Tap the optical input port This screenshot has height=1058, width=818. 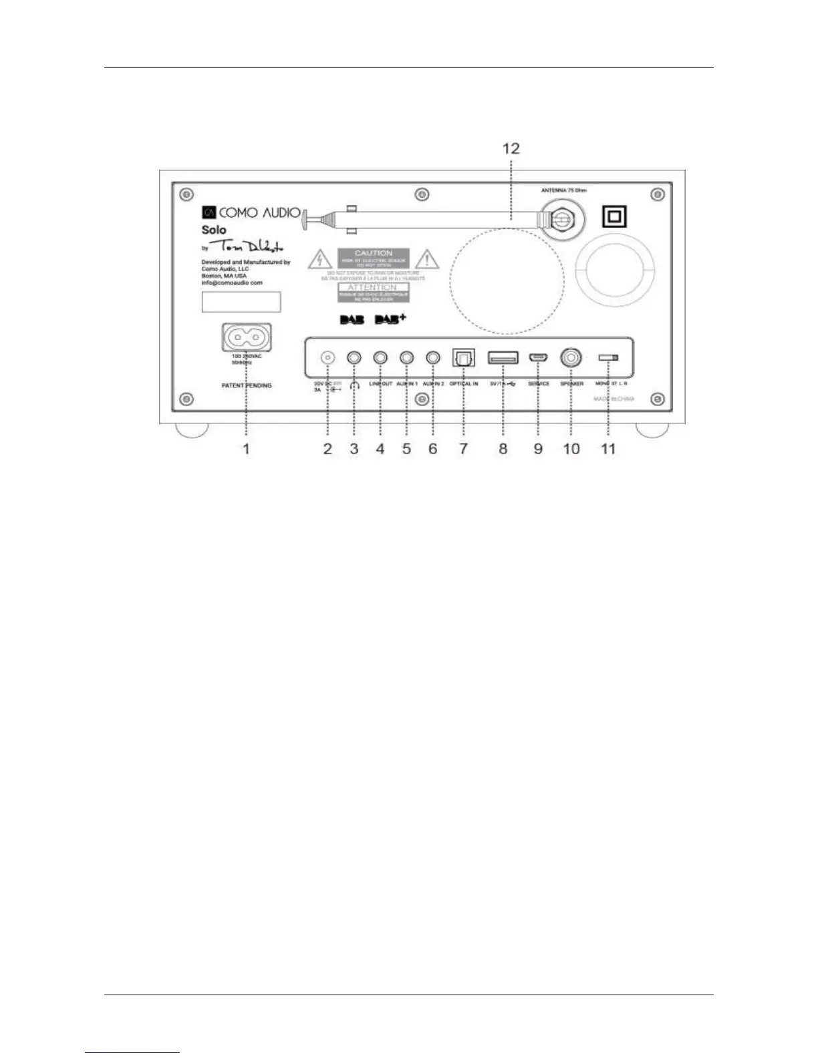click(x=463, y=358)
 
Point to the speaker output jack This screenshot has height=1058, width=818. click(x=571, y=358)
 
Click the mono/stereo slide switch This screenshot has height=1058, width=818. click(x=608, y=358)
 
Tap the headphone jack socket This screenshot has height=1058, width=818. click(x=354, y=358)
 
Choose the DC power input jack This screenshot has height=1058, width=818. click(x=327, y=358)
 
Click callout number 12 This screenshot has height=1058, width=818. click(x=511, y=148)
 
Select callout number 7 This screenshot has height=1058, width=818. click(x=463, y=449)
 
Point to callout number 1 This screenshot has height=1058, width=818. click(x=246, y=449)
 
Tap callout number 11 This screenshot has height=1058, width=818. click(x=608, y=449)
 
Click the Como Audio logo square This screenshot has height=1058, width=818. click(x=209, y=212)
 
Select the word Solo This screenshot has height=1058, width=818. click(x=214, y=230)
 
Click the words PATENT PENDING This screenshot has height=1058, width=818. click(x=247, y=385)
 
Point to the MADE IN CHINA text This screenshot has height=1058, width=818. click(x=614, y=399)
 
